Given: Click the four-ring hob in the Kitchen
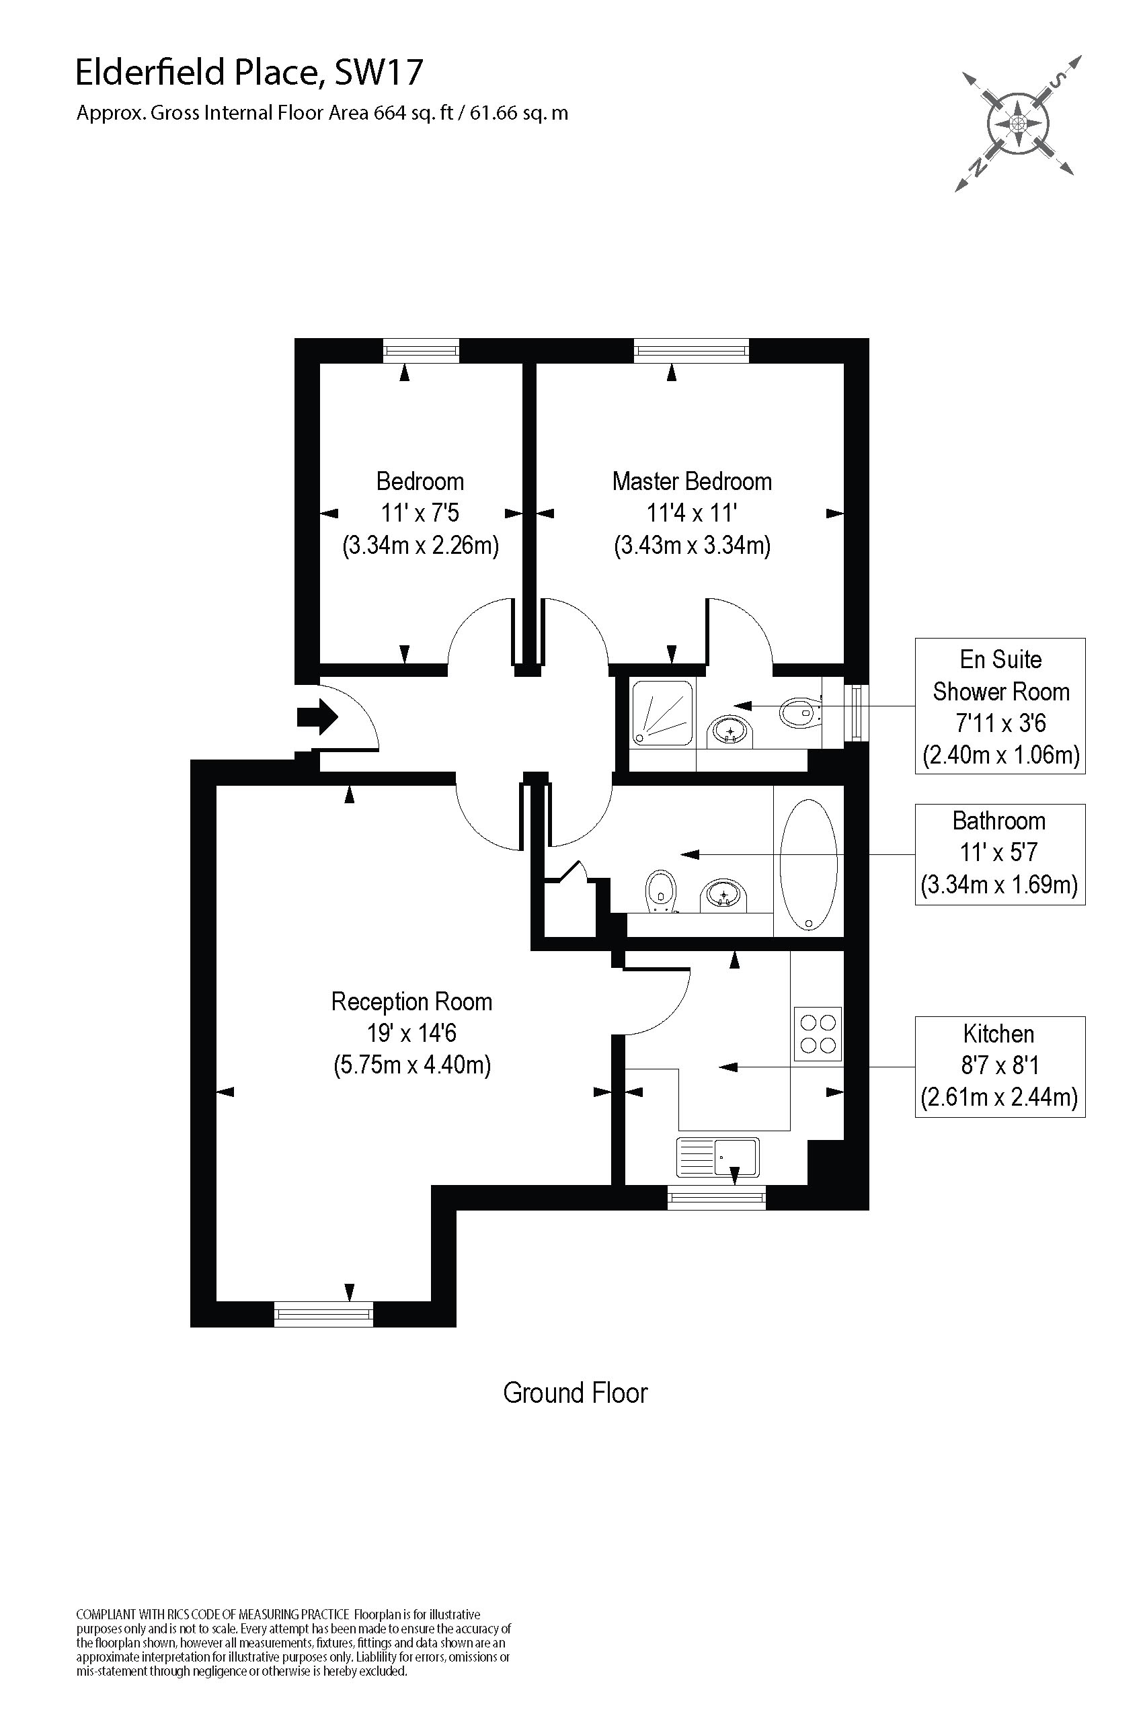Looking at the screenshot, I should point(817,1034).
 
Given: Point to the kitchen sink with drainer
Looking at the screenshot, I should point(718,1157).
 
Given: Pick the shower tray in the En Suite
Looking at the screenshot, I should point(662,712).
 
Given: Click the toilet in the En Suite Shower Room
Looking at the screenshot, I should point(798,712).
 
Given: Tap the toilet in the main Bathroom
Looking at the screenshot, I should point(660,890).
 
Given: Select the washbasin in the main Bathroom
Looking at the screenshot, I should point(723,894).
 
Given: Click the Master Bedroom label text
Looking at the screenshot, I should point(692,482).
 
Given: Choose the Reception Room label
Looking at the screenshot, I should point(411,1002).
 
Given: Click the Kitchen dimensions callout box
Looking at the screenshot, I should point(999,1066).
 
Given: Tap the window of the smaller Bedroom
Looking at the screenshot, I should point(422,352).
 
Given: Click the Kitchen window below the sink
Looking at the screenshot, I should point(717,1197).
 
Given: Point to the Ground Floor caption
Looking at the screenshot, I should point(575,1393).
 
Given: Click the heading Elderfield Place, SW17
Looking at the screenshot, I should point(249,73).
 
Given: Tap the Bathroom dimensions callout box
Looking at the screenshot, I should point(999,854).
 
